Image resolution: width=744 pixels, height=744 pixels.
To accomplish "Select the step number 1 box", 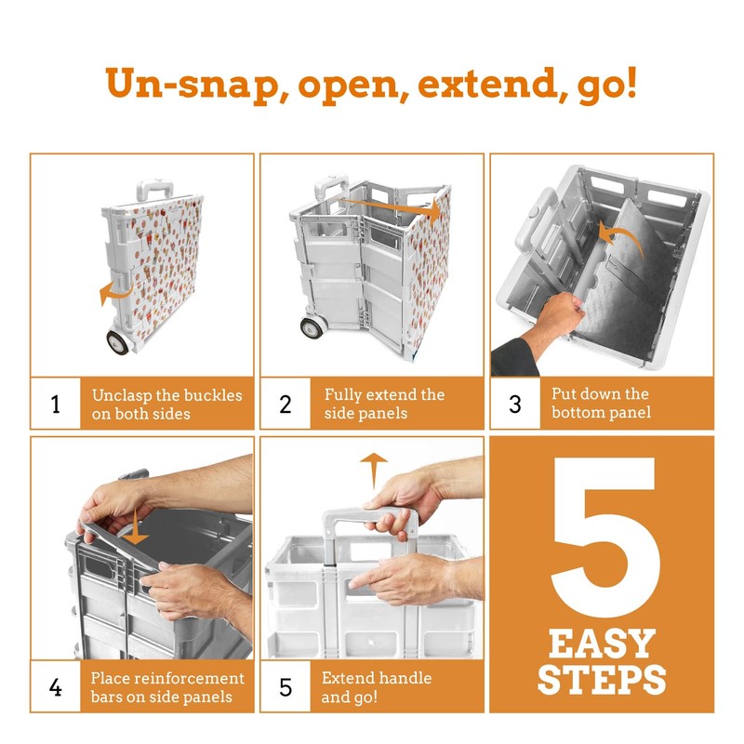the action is pyautogui.click(x=56, y=404).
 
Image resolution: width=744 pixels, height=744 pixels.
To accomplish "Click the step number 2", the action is pyautogui.click(x=286, y=404).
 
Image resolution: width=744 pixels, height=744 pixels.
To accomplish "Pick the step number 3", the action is pyautogui.click(x=515, y=404).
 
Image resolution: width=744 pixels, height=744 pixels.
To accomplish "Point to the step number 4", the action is pyautogui.click(x=56, y=687).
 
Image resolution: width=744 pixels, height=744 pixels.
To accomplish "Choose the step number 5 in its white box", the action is pyautogui.click(x=286, y=687).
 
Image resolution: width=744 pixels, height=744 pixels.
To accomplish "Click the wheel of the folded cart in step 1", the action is pyautogui.click(x=118, y=341).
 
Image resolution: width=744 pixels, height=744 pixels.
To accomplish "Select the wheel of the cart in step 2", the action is pyautogui.click(x=312, y=327).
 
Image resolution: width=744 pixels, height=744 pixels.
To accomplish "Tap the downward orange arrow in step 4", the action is pyautogui.click(x=136, y=526).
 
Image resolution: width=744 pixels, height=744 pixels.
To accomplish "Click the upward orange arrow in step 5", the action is pyautogui.click(x=374, y=471).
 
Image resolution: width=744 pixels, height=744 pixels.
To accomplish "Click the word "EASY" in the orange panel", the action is pyautogui.click(x=602, y=644).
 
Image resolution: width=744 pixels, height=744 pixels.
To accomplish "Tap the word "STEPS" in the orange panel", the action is pyautogui.click(x=602, y=680).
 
